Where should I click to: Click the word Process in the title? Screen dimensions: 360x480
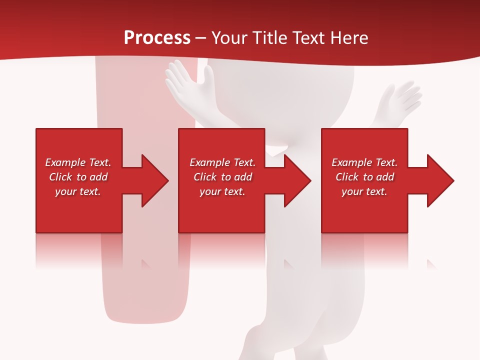(x=157, y=38)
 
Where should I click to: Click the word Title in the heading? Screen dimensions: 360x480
(x=269, y=38)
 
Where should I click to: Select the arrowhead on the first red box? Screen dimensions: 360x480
(x=152, y=180)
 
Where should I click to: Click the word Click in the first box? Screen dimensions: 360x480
(x=60, y=177)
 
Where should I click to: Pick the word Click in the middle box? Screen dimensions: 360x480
(x=205, y=177)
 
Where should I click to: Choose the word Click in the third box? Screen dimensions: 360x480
(x=347, y=177)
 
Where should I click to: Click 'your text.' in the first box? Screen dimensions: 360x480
(x=78, y=191)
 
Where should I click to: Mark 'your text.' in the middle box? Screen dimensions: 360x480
(x=222, y=191)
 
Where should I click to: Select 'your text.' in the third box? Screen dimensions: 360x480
(x=364, y=191)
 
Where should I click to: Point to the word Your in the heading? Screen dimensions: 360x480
(x=229, y=38)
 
